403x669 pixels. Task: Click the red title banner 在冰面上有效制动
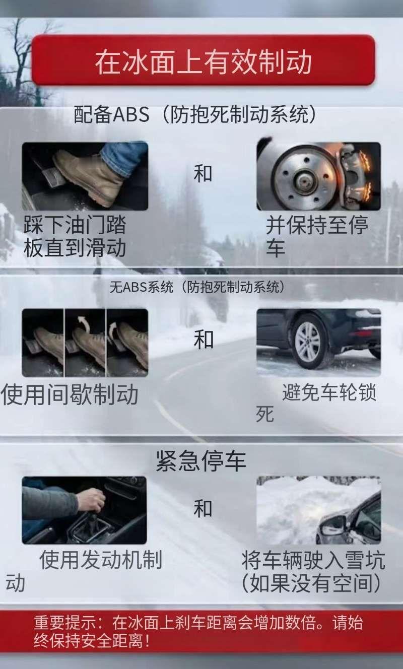[x=203, y=61]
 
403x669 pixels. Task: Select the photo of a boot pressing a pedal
[x=85, y=176]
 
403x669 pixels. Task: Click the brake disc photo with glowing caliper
[x=318, y=176]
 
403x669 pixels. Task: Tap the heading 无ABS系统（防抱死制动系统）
[x=197, y=287]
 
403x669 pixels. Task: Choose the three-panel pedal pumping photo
[x=85, y=343]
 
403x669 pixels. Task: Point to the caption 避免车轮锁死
[x=328, y=393]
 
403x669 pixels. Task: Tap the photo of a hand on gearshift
[x=85, y=510]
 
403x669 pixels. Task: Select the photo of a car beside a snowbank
[x=318, y=510]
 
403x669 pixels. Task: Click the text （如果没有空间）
[x=311, y=583]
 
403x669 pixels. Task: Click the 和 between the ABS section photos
[x=203, y=174]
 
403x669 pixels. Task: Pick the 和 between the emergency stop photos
[x=203, y=509]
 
